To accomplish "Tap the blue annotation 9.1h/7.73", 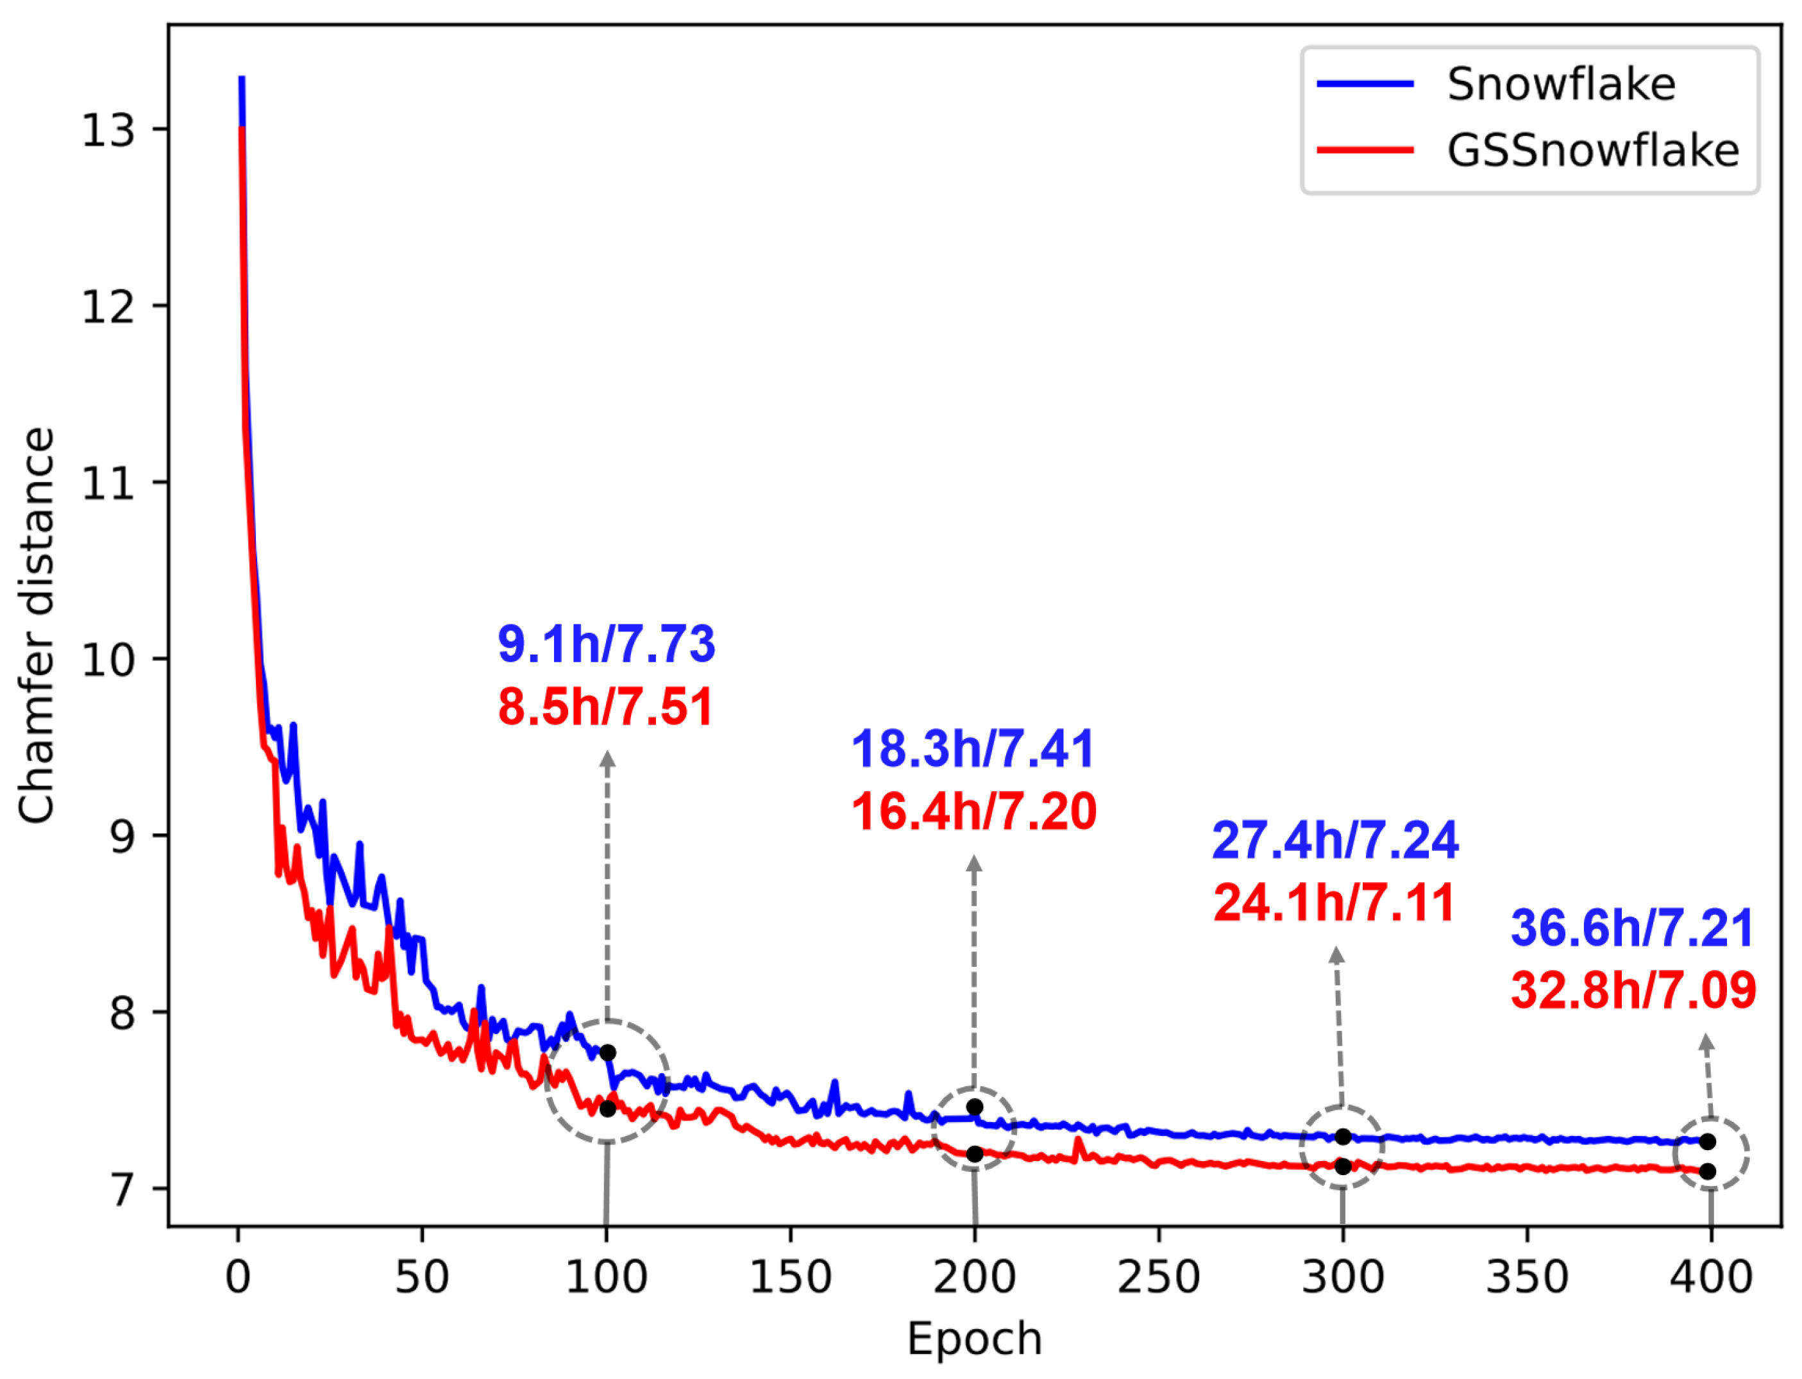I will tap(606, 644).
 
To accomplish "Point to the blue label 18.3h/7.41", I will tap(973, 749).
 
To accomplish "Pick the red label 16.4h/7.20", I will tap(973, 811).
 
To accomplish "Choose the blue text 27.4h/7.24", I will tap(1335, 840).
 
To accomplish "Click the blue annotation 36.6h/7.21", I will tap(1632, 928).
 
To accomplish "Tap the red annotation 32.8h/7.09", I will tap(1633, 990).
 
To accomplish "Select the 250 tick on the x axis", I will tap(1158, 1277).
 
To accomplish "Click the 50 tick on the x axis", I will tap(422, 1277).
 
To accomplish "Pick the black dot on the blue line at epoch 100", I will tap(607, 1052).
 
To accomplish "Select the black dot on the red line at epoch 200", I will tap(975, 1154).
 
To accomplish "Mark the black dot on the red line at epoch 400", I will tap(1708, 1171).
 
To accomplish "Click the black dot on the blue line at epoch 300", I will tap(1343, 1137).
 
